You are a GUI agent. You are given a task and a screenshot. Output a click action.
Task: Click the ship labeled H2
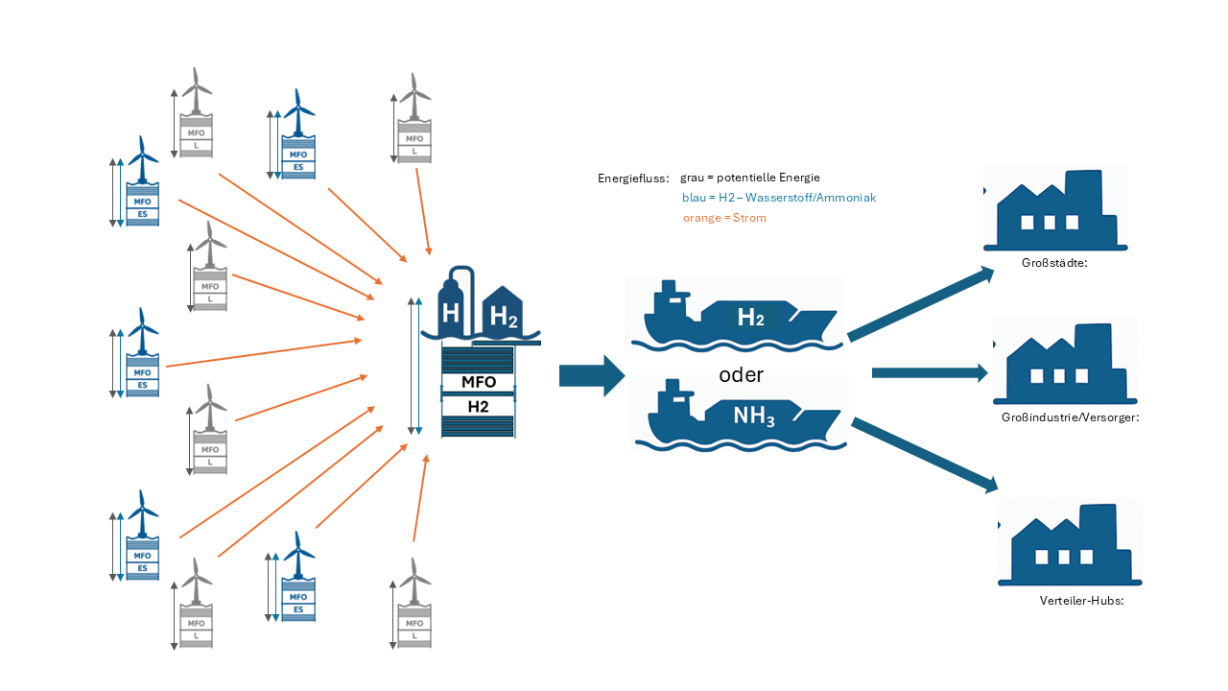[x=735, y=315]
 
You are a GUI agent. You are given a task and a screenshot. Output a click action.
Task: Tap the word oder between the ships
[x=741, y=373]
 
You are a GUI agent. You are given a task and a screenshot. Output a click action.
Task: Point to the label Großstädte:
[x=1053, y=260]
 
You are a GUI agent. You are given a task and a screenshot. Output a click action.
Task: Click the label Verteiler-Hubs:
[x=1081, y=600]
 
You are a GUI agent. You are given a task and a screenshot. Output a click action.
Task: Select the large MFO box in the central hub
[x=479, y=382]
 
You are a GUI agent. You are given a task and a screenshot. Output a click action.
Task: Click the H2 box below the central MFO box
[x=479, y=407]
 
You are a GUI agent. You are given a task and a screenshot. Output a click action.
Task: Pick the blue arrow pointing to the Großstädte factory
[x=920, y=303]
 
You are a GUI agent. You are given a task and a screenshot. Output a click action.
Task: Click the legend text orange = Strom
[x=724, y=218]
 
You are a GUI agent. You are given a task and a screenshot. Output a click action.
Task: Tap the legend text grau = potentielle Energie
[x=749, y=178]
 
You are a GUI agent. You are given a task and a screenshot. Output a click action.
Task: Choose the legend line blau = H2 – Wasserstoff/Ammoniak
[x=779, y=198]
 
